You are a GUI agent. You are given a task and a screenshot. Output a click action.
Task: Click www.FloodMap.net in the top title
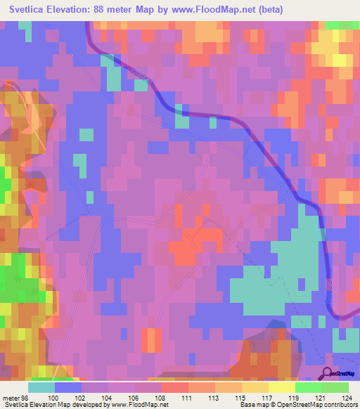click(240, 11)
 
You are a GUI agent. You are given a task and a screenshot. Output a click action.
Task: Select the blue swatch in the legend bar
click(68, 387)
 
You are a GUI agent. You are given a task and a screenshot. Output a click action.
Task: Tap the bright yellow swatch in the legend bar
click(281, 387)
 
